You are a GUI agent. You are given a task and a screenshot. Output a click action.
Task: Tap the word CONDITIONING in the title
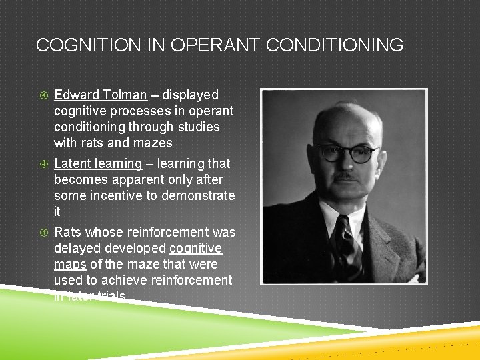click(335, 45)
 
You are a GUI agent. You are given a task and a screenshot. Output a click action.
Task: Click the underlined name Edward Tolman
click(100, 95)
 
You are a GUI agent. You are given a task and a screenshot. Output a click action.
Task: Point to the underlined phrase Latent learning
click(97, 163)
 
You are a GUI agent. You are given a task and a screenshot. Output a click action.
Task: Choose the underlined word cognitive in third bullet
click(195, 248)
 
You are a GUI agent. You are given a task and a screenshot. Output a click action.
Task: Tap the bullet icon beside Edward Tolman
click(41, 95)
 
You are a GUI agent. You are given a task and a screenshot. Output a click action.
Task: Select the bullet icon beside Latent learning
click(41, 164)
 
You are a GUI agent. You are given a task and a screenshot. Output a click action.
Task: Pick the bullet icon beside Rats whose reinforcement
click(41, 233)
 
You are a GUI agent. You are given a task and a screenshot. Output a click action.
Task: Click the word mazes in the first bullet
click(154, 143)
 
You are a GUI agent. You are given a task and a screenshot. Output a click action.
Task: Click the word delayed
click(75, 248)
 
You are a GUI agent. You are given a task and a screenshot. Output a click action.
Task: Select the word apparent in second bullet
click(133, 179)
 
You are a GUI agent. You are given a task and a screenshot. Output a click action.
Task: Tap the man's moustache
click(345, 176)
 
